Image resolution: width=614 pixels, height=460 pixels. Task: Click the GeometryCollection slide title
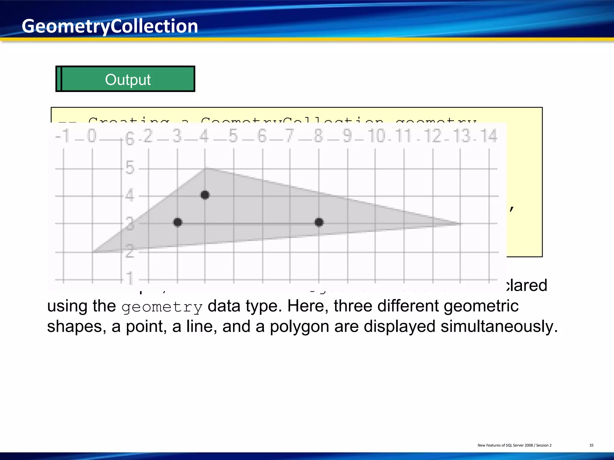110,26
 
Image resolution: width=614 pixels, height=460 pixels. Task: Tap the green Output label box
125,79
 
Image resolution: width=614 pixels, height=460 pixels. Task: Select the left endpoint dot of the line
178,222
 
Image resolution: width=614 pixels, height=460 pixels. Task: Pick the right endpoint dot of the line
319,222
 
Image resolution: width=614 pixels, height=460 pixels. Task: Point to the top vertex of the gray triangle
205,168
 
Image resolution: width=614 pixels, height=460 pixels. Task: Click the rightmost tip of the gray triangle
461,223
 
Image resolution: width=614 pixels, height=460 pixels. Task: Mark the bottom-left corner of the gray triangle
93,252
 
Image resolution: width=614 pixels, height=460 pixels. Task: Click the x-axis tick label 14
489,136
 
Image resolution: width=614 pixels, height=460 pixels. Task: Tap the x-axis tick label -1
63,136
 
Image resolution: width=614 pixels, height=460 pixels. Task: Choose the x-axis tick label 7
289,136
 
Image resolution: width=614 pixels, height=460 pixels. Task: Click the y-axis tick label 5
130,168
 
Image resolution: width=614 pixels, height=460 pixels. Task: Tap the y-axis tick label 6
130,139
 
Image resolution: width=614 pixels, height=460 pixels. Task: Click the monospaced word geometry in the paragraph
162,307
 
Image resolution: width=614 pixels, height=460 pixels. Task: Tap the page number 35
591,445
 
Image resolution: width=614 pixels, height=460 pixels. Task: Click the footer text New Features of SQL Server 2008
505,445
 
